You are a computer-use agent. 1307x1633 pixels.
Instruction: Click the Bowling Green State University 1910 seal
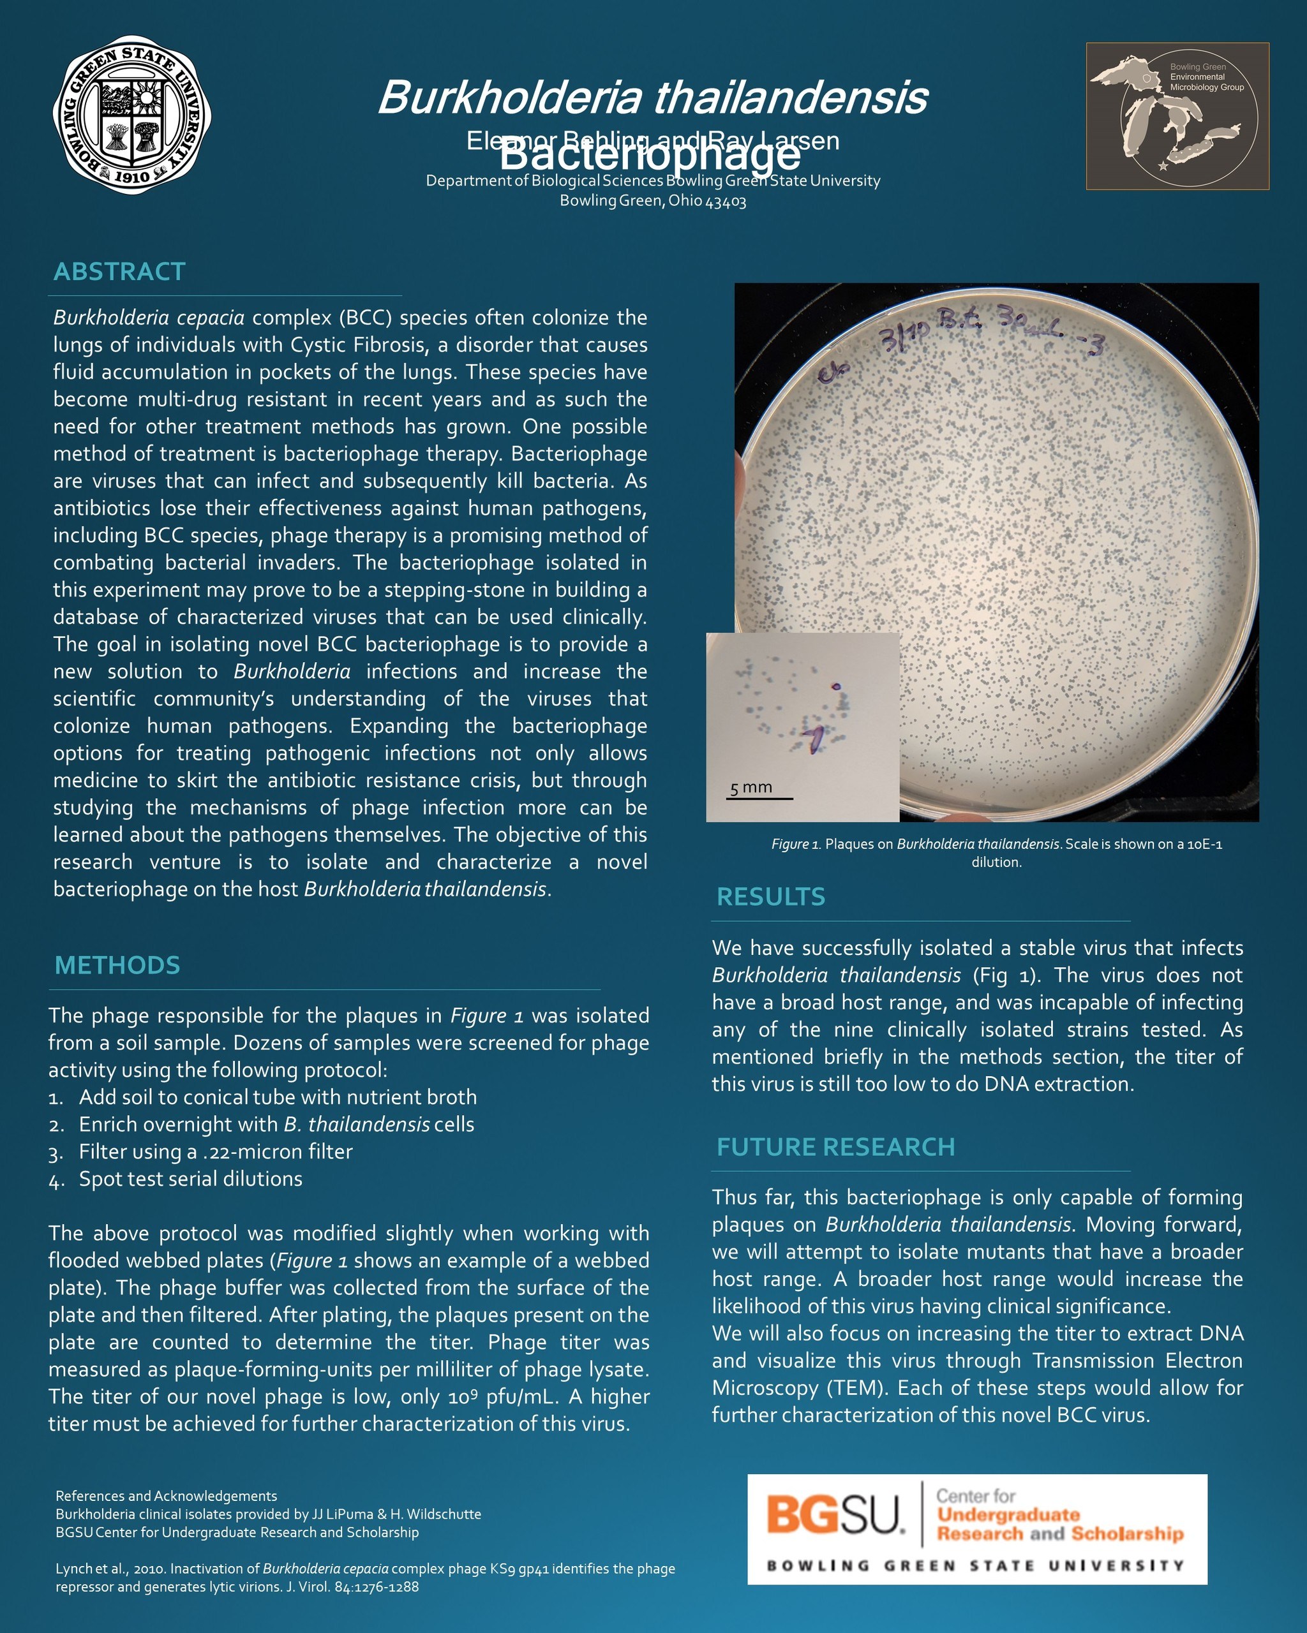point(132,114)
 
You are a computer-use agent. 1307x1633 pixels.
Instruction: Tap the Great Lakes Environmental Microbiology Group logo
point(1177,115)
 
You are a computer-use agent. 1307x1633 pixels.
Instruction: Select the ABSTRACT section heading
point(120,271)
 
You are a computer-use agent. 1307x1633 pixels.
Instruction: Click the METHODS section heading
point(117,965)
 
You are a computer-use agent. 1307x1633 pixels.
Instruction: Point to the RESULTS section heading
point(770,897)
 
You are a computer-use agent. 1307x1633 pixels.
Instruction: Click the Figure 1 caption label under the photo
point(796,844)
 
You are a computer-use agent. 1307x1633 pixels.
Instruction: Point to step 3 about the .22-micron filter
point(215,1152)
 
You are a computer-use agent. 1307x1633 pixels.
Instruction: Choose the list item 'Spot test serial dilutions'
point(190,1179)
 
